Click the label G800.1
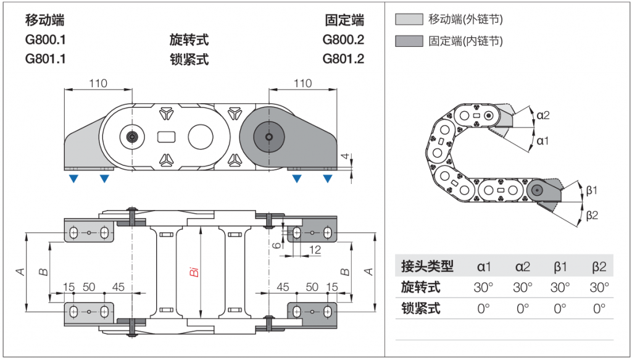[x=45, y=40]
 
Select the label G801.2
[x=343, y=59]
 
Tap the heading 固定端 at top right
[x=344, y=20]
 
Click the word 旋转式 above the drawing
[x=189, y=40]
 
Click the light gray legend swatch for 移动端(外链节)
[x=409, y=19]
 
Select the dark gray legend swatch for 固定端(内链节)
[x=409, y=41]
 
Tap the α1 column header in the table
[x=484, y=267]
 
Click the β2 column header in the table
[x=599, y=267]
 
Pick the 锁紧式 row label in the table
[x=421, y=308]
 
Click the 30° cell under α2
[x=522, y=287]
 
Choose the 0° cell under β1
[x=560, y=308]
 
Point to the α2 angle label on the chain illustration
[x=543, y=115]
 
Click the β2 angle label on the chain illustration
[x=592, y=215]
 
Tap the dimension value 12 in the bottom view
[x=315, y=249]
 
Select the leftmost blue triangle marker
[x=73, y=179]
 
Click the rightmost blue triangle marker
[x=327, y=179]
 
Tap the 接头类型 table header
[x=427, y=267]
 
